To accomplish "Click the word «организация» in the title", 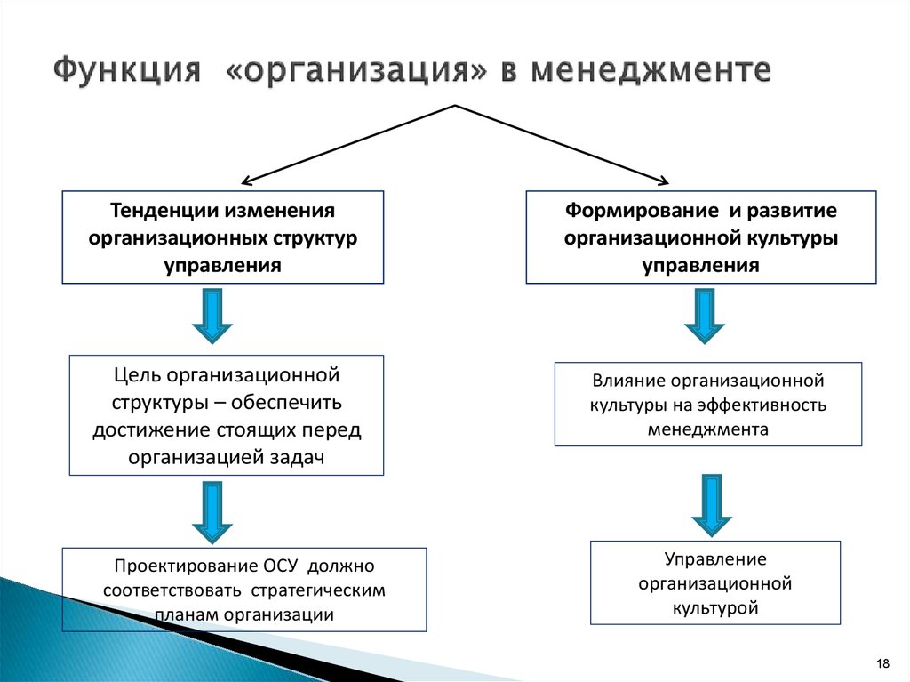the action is [x=355, y=71].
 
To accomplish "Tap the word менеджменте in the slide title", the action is [x=651, y=70].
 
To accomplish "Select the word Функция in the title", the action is [x=127, y=70].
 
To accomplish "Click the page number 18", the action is [x=882, y=663].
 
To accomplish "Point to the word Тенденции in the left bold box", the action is [x=164, y=211].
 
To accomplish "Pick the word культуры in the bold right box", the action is [x=794, y=238].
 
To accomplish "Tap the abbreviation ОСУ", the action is [x=280, y=566].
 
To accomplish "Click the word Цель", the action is [x=138, y=375].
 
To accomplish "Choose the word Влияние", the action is [x=628, y=381].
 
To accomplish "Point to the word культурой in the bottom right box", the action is [x=715, y=608].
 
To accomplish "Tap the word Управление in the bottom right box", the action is [x=715, y=558].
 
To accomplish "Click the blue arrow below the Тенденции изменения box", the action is [x=212, y=317].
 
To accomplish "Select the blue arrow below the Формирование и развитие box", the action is [x=705, y=317].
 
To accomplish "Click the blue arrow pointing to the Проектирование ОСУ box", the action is [x=212, y=512].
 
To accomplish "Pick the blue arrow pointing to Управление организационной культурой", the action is [x=712, y=505].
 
